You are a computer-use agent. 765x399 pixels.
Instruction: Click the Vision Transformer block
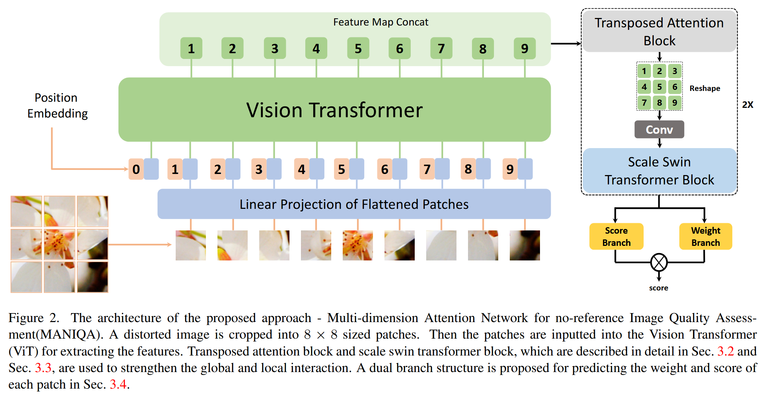(334, 110)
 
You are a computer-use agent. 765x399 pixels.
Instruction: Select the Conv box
(659, 129)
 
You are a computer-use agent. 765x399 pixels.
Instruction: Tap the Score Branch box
(616, 236)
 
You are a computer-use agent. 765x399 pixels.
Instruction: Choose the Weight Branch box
(705, 236)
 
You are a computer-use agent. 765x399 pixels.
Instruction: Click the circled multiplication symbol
(659, 262)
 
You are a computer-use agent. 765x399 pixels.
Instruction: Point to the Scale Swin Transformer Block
(659, 171)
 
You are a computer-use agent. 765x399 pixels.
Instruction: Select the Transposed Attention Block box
(659, 32)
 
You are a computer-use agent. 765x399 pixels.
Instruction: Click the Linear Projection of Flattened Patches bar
(354, 204)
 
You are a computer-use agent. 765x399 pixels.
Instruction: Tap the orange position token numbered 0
(136, 169)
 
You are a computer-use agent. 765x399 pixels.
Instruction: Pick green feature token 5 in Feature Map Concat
(358, 49)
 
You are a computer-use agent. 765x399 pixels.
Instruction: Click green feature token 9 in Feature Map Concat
(525, 49)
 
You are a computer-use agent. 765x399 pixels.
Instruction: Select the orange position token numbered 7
(427, 169)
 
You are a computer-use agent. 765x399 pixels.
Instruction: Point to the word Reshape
(705, 88)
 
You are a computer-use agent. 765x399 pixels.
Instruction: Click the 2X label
(747, 105)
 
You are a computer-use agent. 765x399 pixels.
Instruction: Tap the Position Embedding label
(57, 105)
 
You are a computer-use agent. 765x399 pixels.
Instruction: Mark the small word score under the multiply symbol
(658, 288)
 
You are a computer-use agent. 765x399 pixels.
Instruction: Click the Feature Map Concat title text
(381, 22)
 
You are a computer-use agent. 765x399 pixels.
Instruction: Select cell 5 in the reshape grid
(659, 87)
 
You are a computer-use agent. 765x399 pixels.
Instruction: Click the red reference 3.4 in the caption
(118, 384)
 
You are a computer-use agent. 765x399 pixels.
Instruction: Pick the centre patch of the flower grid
(59, 244)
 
